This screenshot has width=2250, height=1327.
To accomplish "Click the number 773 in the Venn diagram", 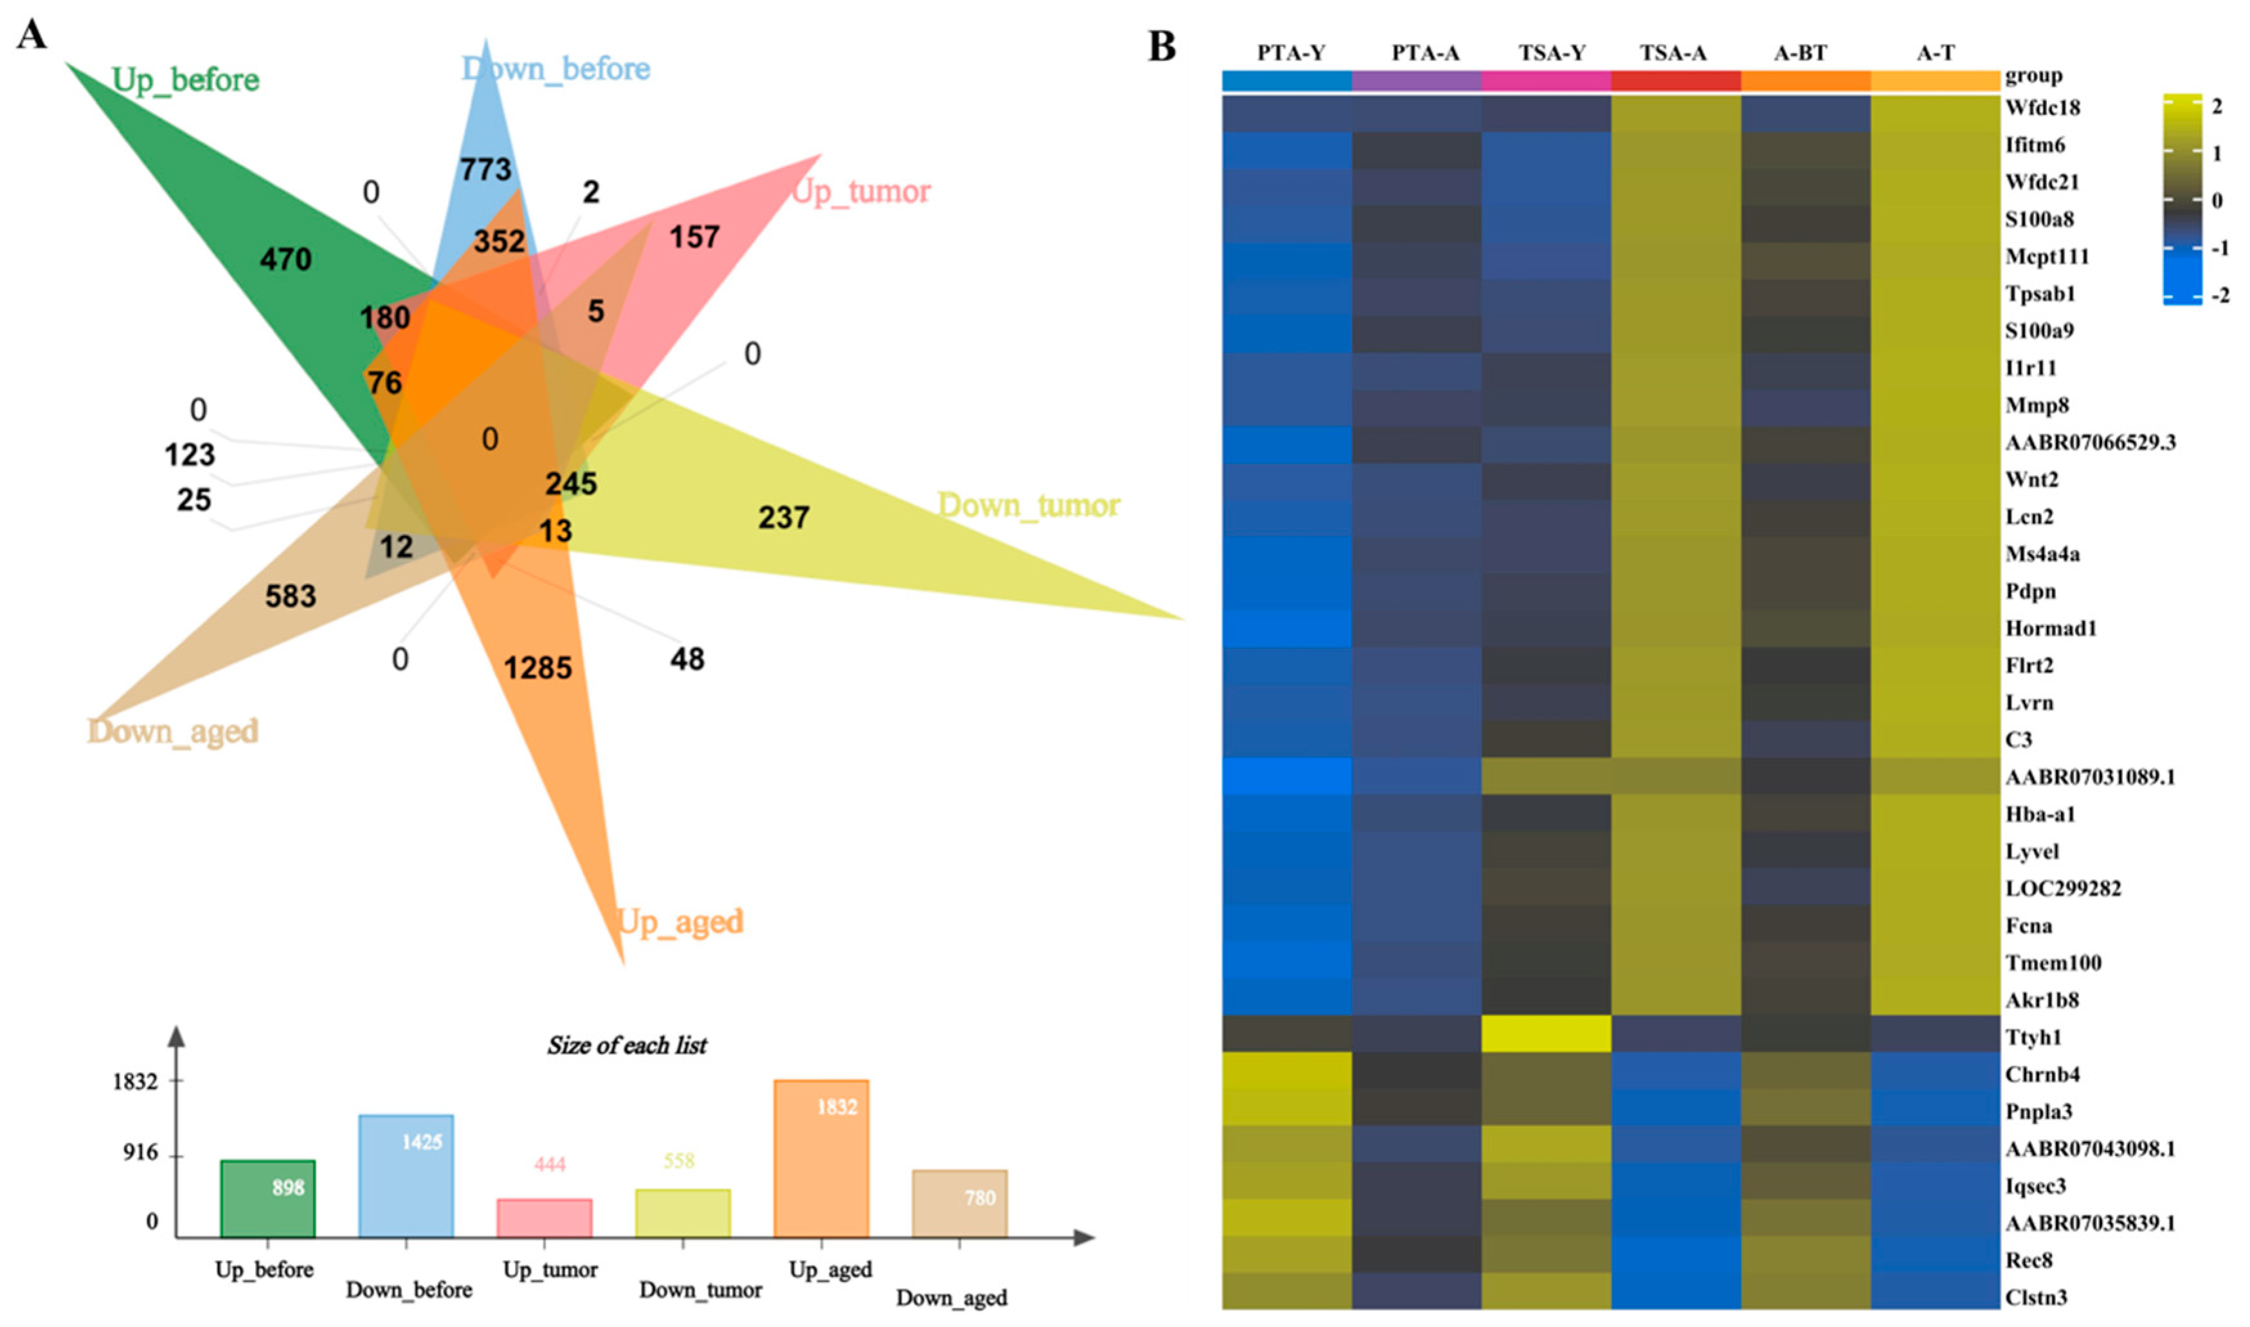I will [485, 169].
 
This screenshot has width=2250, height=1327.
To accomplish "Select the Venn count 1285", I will [537, 668].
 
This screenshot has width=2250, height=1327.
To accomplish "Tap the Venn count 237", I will [784, 518].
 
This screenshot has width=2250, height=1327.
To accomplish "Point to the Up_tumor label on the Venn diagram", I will [861, 191].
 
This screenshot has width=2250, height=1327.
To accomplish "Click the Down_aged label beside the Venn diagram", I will [172, 731].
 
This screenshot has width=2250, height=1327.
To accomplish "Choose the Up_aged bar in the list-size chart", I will [820, 1159].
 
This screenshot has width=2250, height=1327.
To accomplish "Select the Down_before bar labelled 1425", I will [406, 1176].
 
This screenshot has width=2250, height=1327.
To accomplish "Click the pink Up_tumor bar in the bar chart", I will [544, 1218].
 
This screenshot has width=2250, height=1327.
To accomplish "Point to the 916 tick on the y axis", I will [140, 1153].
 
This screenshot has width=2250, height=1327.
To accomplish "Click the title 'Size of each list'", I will [627, 1046].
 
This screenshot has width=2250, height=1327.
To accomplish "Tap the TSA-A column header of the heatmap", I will [1673, 53].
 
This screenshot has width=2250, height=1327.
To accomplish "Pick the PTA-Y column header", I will [1290, 53].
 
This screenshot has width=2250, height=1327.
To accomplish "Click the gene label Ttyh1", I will [2033, 1037].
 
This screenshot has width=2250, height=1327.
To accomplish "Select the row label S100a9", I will [2039, 331].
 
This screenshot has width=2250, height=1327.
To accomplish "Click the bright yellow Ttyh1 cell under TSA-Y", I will [1545, 1034].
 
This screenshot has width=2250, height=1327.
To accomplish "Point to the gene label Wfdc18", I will [2042, 108].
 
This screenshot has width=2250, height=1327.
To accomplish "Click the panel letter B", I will [1162, 46].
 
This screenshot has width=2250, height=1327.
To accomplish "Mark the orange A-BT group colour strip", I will [1805, 80].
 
